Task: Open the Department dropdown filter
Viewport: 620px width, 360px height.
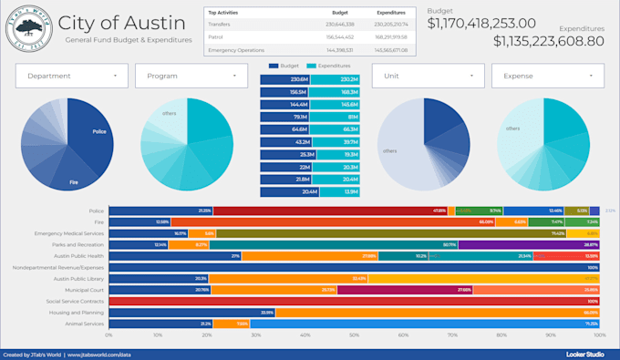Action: click(x=72, y=76)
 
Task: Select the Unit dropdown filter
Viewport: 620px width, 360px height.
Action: click(x=427, y=76)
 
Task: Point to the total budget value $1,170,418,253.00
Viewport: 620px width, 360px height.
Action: click(x=481, y=23)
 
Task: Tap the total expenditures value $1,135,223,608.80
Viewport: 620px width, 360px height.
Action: click(x=548, y=40)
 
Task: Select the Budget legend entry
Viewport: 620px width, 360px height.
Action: click(x=286, y=67)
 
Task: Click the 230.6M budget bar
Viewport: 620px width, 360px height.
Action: click(x=285, y=80)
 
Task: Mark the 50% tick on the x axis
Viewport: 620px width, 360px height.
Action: click(x=355, y=335)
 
